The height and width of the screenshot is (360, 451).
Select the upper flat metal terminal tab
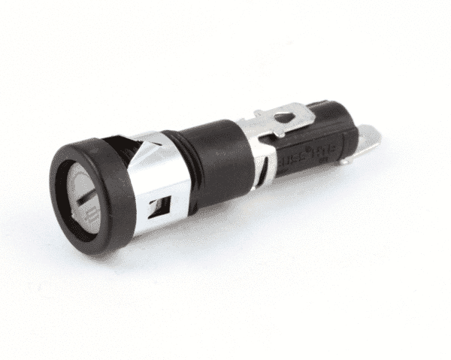pos(289,116)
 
